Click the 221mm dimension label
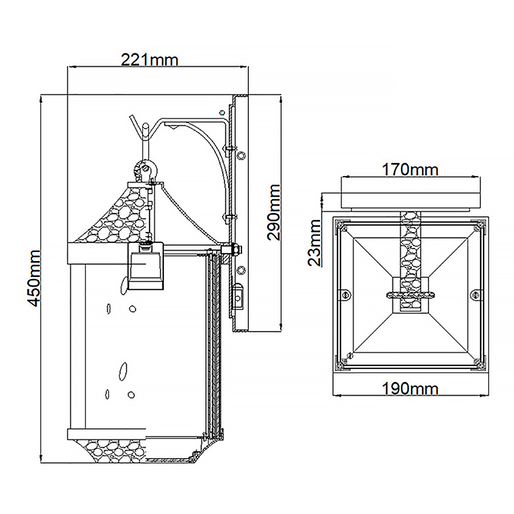[x=149, y=60]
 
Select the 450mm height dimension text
[x=34, y=278]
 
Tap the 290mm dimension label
[x=274, y=212]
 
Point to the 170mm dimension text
[x=410, y=170]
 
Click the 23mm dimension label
[x=314, y=243]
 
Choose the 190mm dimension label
[x=410, y=389]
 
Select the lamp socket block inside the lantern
[x=146, y=266]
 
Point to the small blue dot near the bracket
[x=221, y=112]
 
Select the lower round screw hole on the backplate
[x=241, y=270]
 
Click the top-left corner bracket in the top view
[x=342, y=225]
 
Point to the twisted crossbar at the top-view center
[x=410, y=295]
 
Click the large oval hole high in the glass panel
[x=124, y=285]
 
